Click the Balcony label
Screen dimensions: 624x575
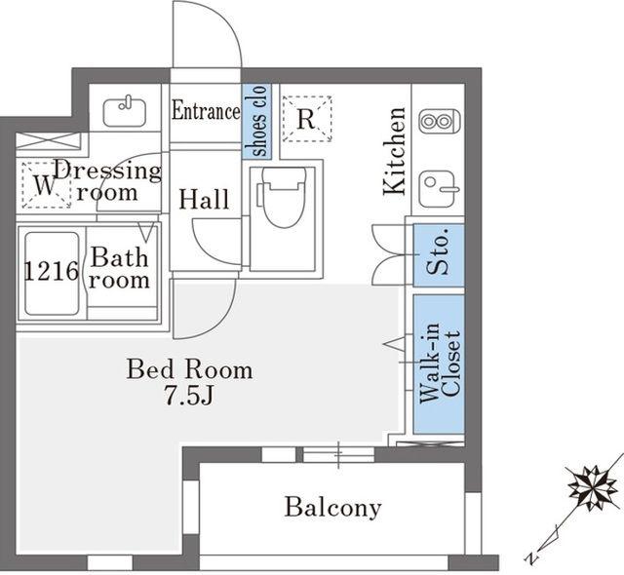(333, 508)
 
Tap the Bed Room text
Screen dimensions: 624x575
(189, 369)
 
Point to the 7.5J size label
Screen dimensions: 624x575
(189, 396)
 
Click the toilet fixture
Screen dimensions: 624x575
(282, 198)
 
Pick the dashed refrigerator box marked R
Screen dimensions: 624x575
(306, 119)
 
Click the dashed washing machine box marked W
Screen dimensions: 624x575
(47, 184)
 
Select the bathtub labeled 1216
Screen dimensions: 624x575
(52, 273)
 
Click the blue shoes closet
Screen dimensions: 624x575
(256, 121)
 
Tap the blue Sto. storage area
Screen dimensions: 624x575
(439, 255)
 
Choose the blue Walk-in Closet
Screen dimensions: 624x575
(439, 364)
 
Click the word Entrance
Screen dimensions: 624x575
(206, 111)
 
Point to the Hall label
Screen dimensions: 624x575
(204, 199)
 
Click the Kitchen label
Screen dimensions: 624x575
(394, 151)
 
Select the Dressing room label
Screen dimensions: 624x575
(108, 181)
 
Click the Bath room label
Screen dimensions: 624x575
(119, 268)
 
